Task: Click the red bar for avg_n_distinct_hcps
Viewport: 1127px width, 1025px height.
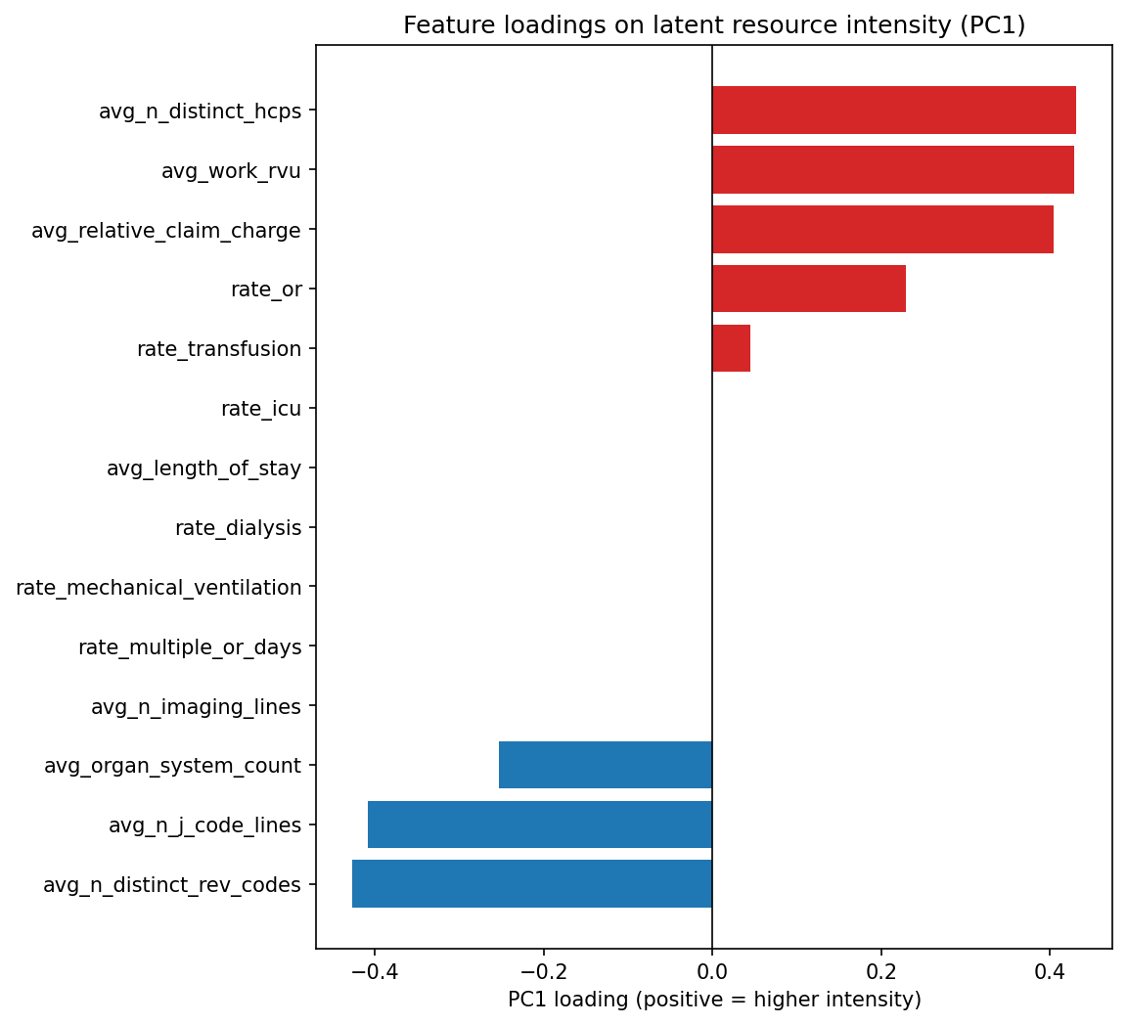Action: click(893, 111)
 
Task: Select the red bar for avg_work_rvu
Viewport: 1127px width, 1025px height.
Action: click(892, 170)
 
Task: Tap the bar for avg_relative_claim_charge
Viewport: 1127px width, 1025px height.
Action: click(882, 230)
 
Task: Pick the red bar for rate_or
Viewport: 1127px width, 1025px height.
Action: click(808, 289)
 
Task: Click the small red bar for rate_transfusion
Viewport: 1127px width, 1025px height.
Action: click(731, 348)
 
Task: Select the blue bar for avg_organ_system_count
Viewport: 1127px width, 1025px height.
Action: click(605, 765)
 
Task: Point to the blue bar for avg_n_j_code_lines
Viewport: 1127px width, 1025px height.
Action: click(539, 824)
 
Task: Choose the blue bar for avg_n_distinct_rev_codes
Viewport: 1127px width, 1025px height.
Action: click(531, 884)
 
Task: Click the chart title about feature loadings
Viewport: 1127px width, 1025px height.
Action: click(714, 26)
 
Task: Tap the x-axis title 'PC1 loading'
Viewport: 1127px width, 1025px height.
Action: click(714, 1000)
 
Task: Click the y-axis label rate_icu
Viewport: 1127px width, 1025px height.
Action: click(260, 409)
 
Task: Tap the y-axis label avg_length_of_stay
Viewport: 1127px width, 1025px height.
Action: click(203, 468)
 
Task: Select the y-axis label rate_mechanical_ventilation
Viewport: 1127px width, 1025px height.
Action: click(158, 588)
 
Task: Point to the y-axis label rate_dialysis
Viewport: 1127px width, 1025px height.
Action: click(238, 528)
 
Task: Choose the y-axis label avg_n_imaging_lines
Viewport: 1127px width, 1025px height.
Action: click(196, 706)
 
